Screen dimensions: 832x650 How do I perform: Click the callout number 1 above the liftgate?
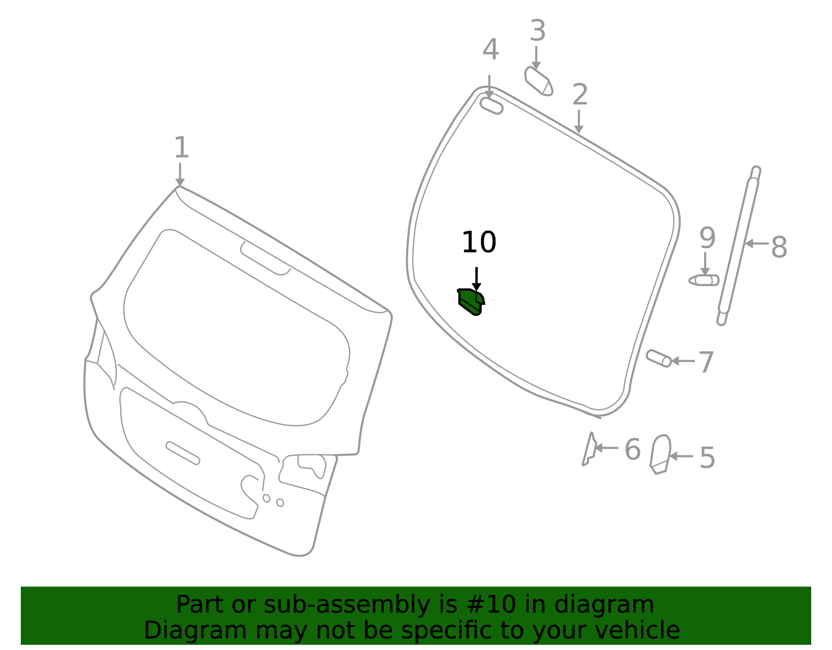click(x=181, y=147)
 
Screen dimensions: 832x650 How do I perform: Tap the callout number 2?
click(x=580, y=94)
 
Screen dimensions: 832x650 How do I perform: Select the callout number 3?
click(x=538, y=30)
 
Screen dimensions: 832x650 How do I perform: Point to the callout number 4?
click(x=490, y=49)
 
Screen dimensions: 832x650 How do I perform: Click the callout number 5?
click(x=707, y=458)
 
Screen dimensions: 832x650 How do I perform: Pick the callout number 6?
click(x=632, y=449)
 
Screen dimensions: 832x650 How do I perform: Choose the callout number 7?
click(x=706, y=362)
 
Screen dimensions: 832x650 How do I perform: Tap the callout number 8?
click(x=779, y=247)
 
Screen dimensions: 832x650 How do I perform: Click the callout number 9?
click(x=707, y=238)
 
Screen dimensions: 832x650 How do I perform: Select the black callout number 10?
click(x=479, y=242)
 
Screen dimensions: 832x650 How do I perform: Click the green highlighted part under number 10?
click(x=471, y=301)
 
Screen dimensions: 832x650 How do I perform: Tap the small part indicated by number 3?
click(x=538, y=82)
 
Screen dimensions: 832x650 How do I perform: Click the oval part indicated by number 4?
click(x=491, y=106)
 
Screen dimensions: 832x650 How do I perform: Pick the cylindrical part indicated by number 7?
click(x=658, y=359)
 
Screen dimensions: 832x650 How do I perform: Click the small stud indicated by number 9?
click(x=704, y=281)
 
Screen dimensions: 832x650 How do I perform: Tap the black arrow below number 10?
click(x=476, y=279)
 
